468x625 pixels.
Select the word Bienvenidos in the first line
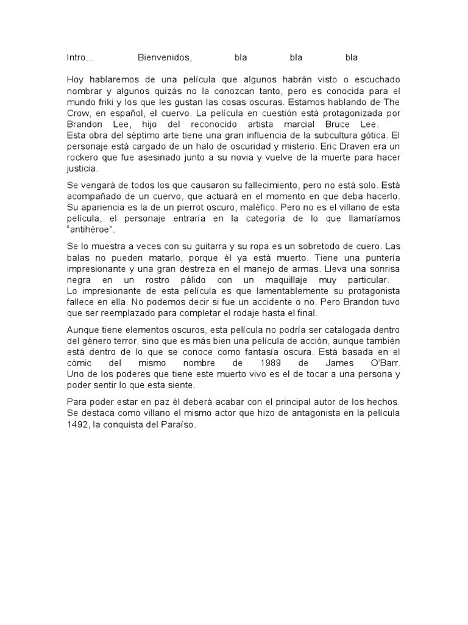point(165,58)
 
